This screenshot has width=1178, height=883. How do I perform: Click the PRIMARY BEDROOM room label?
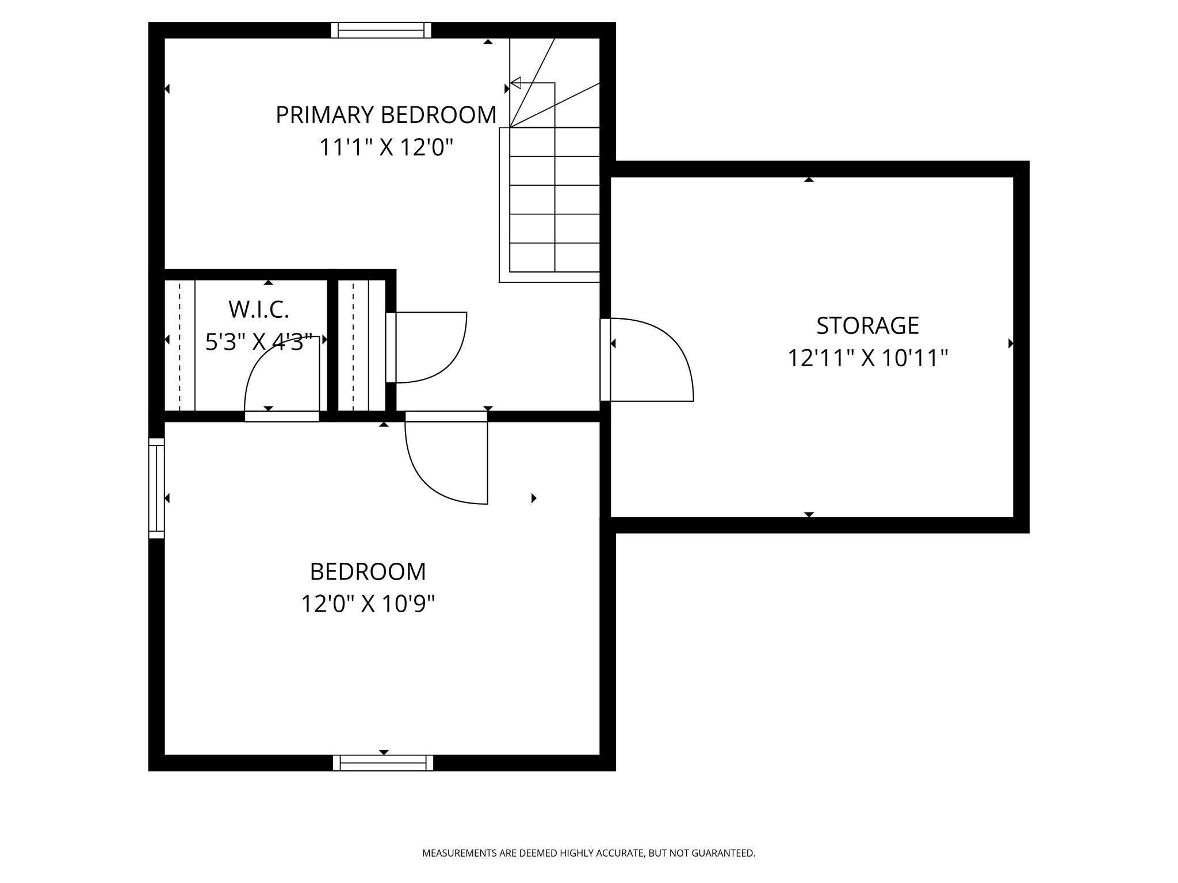(386, 115)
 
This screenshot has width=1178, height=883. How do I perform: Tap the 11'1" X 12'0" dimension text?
(387, 148)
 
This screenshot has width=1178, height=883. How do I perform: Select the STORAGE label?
(867, 325)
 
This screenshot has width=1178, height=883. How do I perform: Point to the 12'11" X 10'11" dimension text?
(867, 358)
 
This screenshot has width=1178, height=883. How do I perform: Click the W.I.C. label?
(259, 310)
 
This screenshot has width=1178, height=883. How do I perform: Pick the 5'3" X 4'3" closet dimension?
(259, 343)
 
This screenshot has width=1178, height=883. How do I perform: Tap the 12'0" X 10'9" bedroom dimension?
(368, 604)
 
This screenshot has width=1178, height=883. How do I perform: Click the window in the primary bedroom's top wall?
(381, 30)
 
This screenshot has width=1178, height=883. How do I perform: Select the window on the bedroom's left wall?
(156, 488)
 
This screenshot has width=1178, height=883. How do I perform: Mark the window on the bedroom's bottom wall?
(383, 763)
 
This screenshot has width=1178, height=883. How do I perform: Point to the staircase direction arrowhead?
(515, 83)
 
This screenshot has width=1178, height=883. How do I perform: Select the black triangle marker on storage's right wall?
(1011, 343)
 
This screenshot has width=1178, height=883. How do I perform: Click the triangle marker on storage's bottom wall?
(809, 515)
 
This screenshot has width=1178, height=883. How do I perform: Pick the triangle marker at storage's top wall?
(809, 179)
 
